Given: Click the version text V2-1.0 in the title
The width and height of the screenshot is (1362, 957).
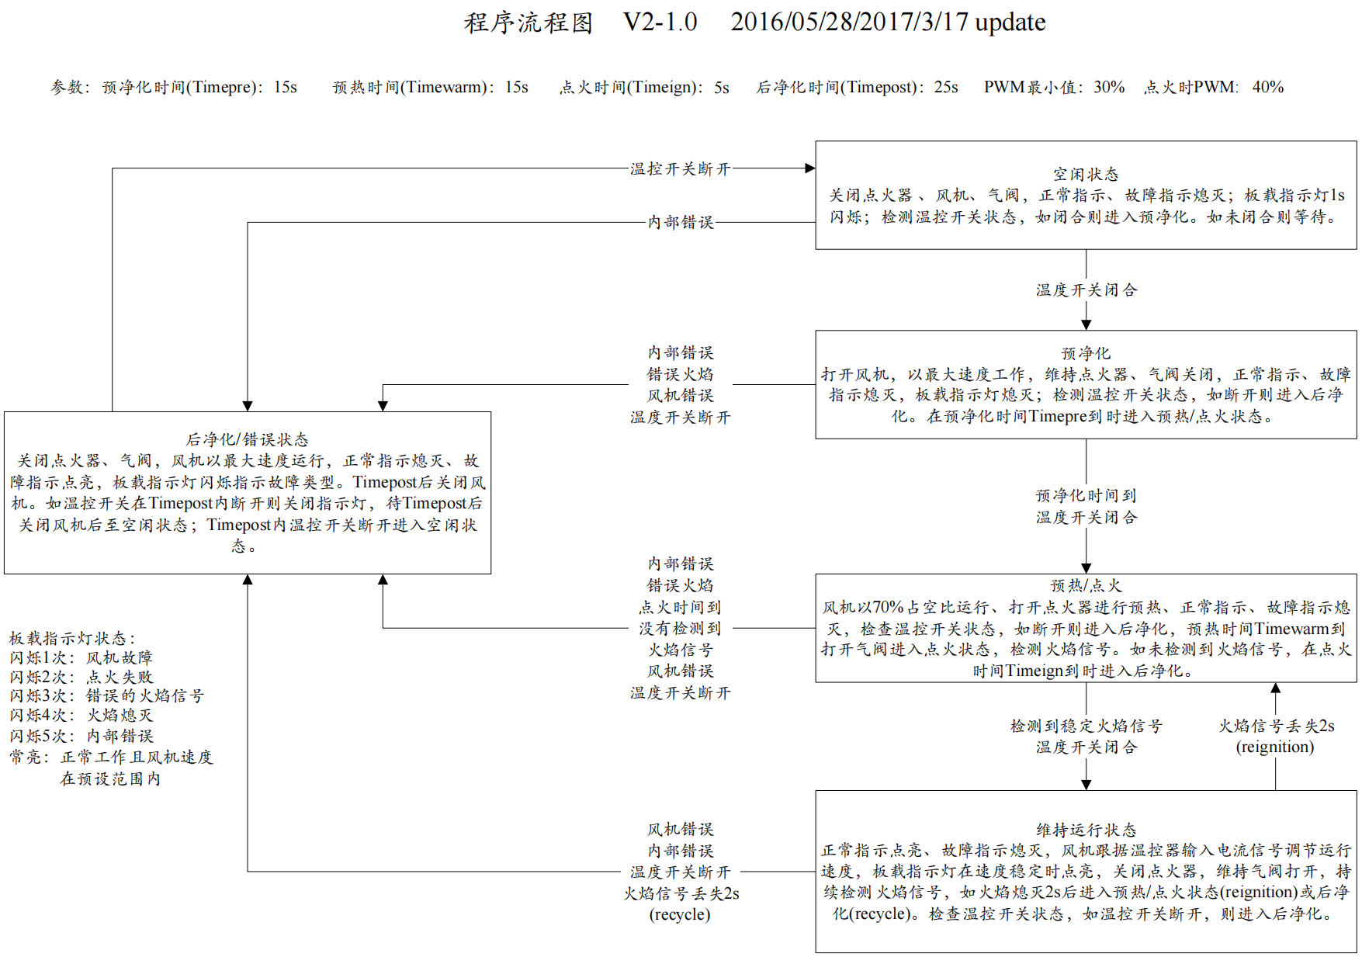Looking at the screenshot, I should (x=660, y=23).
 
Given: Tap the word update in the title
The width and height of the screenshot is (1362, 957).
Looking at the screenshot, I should (x=1010, y=23).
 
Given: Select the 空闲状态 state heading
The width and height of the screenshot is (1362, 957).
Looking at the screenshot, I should (x=1086, y=174).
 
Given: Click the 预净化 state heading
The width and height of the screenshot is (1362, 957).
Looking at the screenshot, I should (x=1086, y=353).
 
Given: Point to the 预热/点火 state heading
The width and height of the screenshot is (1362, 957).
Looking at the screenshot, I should (x=1086, y=585).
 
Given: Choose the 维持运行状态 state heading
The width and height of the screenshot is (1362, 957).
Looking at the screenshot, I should (x=1086, y=830).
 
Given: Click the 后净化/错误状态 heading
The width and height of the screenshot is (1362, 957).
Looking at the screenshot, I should (x=248, y=439).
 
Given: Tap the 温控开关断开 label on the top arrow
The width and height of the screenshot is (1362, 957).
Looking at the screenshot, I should (x=680, y=169).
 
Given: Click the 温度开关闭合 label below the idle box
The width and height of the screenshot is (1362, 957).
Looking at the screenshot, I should (x=1086, y=290).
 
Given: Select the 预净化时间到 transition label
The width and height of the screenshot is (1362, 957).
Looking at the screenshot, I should (x=1086, y=495).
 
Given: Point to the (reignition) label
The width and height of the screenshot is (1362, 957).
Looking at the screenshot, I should (x=1275, y=747).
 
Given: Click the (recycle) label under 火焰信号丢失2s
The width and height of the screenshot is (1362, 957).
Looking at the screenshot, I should (x=680, y=914).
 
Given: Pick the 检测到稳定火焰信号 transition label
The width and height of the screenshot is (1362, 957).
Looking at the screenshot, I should (x=1086, y=726).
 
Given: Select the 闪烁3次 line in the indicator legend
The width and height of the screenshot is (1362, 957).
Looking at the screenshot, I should (x=106, y=696).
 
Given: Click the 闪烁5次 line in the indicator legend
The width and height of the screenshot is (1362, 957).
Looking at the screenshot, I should (x=81, y=736).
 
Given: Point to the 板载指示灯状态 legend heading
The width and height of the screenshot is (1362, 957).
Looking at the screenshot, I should (x=72, y=638).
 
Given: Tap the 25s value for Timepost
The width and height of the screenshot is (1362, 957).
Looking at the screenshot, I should (x=945, y=87).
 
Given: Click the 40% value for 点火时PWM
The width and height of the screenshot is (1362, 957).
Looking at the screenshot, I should (x=1267, y=87).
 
